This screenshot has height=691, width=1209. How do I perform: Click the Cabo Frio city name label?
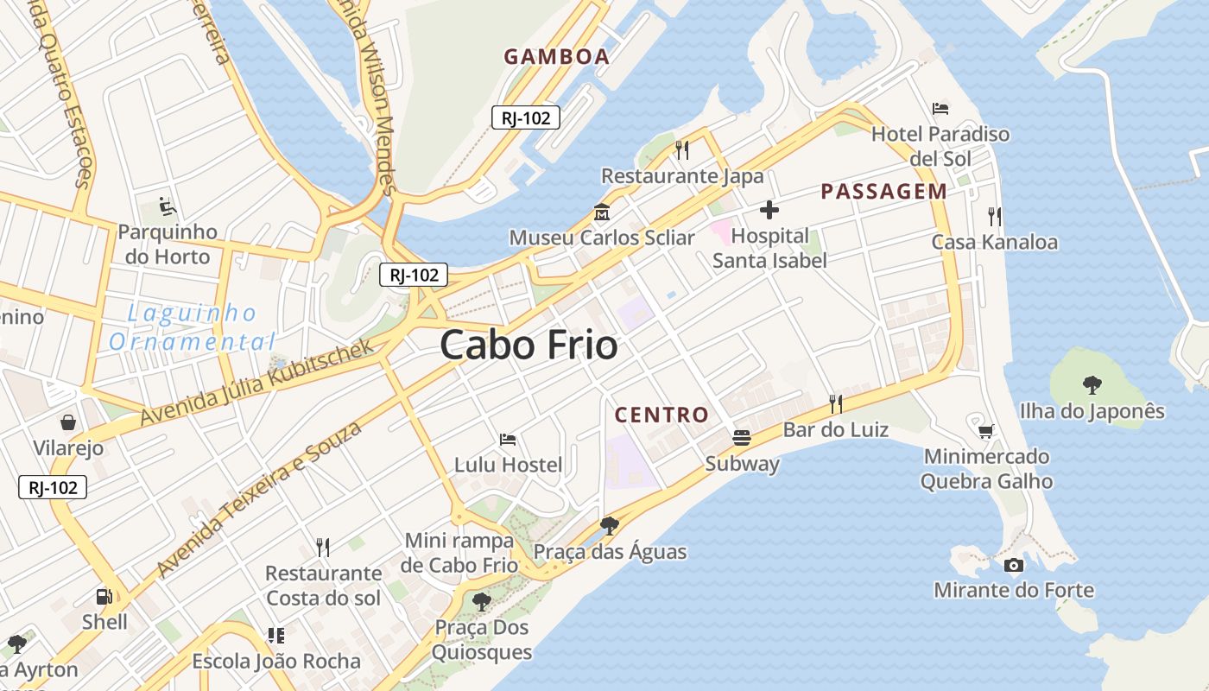(529, 345)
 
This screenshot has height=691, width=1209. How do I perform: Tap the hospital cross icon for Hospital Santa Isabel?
(769, 210)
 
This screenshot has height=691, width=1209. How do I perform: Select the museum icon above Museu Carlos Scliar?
(601, 212)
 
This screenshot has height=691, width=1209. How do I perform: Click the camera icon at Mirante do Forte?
(1014, 565)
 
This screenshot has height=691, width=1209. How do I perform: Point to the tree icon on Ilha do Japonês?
(1092, 385)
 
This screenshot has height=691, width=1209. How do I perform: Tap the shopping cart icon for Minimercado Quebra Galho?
(986, 430)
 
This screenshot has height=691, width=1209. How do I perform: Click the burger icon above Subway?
(742, 438)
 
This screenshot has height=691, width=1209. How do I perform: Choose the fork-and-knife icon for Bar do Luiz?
(835, 403)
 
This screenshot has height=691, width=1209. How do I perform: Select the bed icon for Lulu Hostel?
(508, 440)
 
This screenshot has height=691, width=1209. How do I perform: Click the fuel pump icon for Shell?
(104, 596)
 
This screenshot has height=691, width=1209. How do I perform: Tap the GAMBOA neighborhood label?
(557, 57)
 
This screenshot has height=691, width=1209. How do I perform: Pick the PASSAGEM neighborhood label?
(883, 192)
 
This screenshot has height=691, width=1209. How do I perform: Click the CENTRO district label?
(661, 415)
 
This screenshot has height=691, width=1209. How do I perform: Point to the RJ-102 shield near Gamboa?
(526, 118)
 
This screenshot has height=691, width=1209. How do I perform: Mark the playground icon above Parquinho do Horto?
(168, 206)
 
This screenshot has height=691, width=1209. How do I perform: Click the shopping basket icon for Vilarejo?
(68, 422)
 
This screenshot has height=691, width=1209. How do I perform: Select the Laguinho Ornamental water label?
(192, 327)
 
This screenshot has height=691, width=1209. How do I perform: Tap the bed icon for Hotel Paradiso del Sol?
(940, 109)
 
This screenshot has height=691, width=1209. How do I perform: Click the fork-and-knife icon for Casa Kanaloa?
(995, 216)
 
